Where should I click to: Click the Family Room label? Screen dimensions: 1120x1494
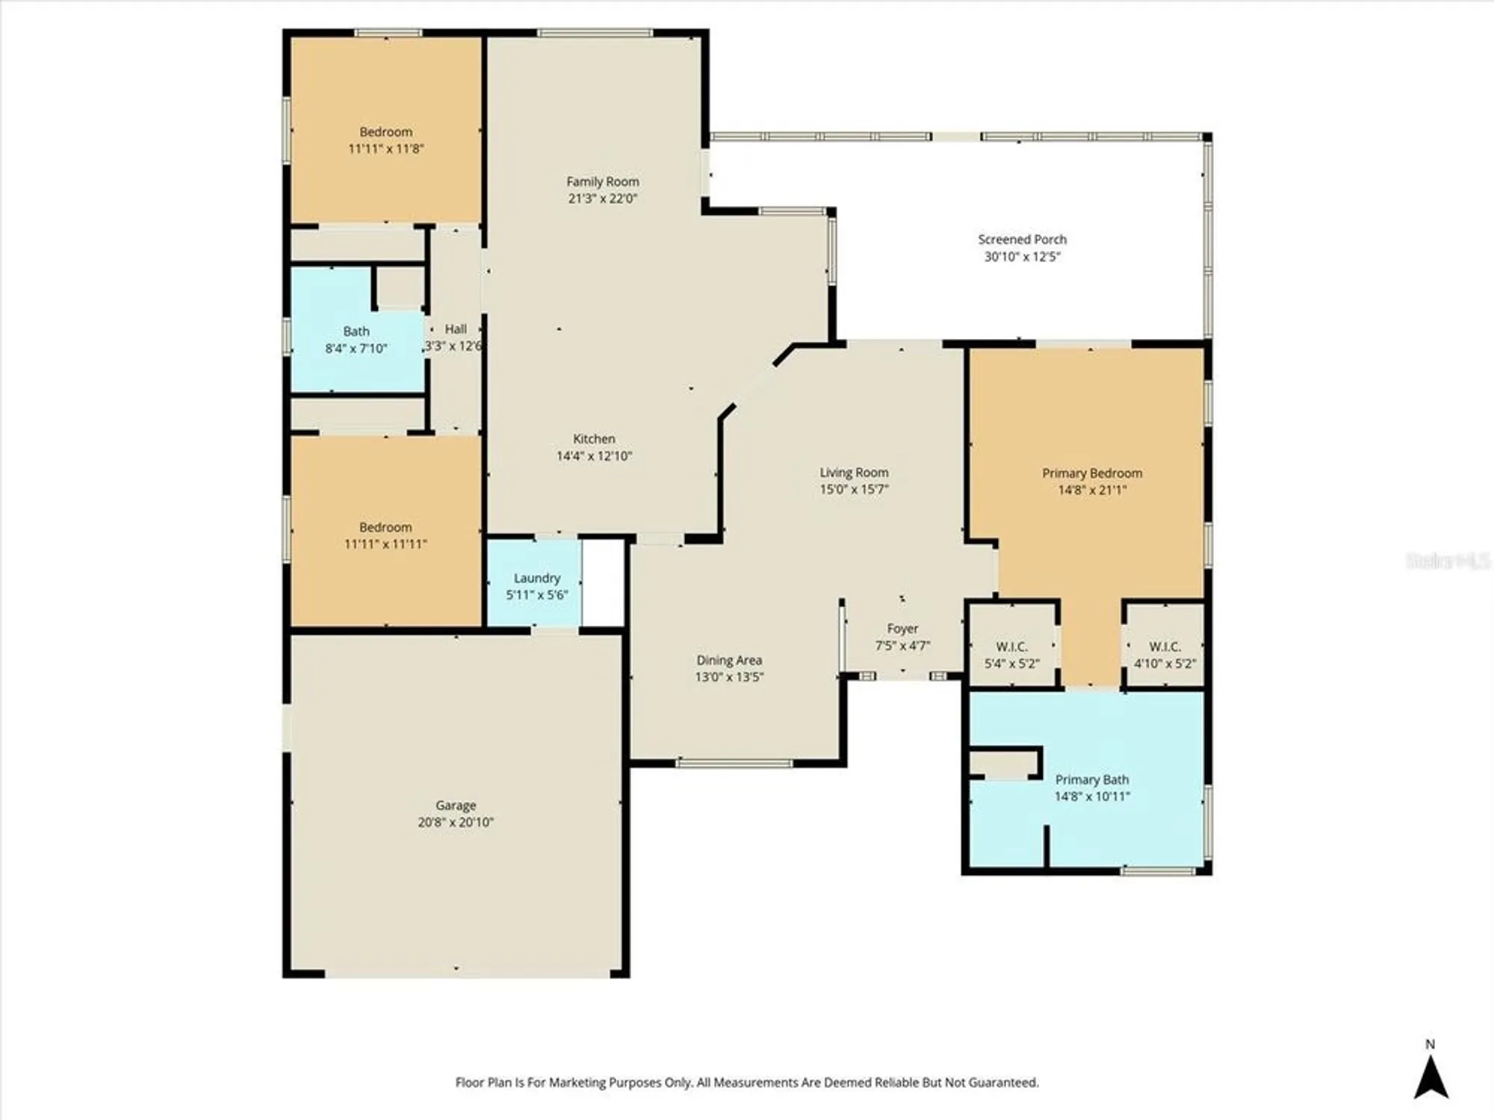602,181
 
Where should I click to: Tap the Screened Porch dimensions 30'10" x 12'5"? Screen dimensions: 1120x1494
1022,256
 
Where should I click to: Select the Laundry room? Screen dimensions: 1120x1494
536,585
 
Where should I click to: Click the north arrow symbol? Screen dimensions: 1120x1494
1431,1080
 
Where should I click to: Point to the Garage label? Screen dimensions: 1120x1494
456,805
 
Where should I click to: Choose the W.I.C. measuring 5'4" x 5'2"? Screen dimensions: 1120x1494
1011,654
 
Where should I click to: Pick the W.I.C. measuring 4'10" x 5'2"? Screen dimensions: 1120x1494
1165,654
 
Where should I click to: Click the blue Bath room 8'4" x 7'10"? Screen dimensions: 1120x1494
356,340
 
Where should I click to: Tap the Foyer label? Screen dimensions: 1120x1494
902,629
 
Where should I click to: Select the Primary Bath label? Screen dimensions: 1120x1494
1091,780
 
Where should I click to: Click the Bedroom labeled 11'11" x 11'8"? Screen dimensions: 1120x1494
385,140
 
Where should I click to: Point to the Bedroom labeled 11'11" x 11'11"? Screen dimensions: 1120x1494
385,535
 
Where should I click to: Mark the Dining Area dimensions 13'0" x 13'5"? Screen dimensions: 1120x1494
729,677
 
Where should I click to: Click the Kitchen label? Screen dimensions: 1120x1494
594,439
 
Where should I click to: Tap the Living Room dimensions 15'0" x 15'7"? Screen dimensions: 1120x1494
854,490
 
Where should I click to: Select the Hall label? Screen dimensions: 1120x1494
456,329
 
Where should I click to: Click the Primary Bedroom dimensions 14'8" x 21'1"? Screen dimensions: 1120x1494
1091,490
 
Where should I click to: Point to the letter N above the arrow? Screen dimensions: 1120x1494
1430,1044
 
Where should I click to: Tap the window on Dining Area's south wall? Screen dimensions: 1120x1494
734,763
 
